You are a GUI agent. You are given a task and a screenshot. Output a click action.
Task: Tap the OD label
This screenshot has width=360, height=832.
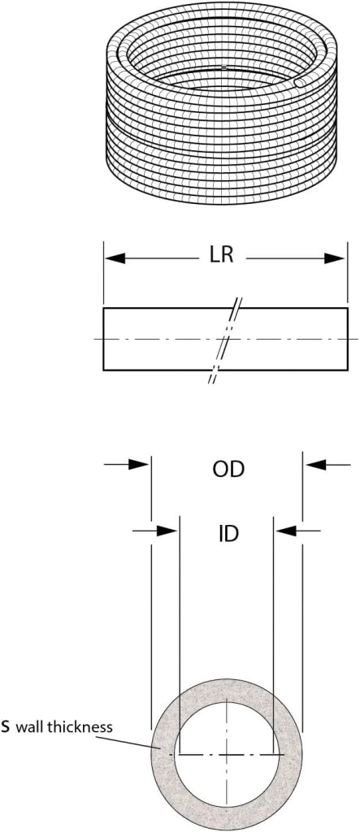tap(228, 470)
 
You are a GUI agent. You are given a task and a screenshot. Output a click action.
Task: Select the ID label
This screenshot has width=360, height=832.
tap(229, 534)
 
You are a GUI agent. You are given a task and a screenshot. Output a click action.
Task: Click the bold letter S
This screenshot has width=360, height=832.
tap(6, 726)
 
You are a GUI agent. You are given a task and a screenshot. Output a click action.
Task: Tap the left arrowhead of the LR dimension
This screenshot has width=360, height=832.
tap(115, 258)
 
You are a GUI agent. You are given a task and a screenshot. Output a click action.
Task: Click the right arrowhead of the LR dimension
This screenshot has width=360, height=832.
tap(335, 258)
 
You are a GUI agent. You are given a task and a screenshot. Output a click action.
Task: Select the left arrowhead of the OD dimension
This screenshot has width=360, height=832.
tap(140, 464)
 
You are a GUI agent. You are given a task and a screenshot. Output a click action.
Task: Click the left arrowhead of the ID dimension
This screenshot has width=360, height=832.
tap(167, 530)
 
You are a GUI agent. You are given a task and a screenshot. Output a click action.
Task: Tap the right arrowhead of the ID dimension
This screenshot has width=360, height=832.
tap(286, 530)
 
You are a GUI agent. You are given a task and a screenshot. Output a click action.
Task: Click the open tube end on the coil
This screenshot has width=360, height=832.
tap(300, 84)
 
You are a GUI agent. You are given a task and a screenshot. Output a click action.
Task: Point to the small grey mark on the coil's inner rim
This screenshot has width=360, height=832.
tap(224, 67)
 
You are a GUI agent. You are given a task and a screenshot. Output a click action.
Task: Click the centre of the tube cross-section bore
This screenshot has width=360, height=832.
tap(227, 754)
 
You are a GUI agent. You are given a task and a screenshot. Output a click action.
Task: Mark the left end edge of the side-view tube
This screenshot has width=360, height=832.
tap(103, 339)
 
